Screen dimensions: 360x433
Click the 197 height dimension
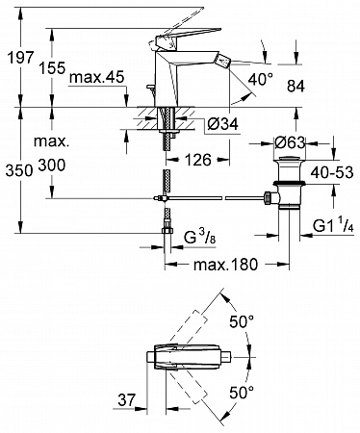click(20, 58)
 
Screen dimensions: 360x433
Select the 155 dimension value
click(52, 68)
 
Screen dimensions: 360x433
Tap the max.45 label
click(96, 77)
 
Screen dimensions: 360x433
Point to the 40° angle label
click(261, 79)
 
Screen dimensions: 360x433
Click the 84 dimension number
click(296, 86)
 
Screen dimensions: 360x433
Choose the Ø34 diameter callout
click(223, 124)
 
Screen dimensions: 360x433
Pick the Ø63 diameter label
click(290, 142)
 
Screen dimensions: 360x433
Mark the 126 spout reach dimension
click(198, 160)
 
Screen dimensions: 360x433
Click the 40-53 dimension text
click(332, 172)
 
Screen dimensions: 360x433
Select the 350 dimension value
click(19, 170)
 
